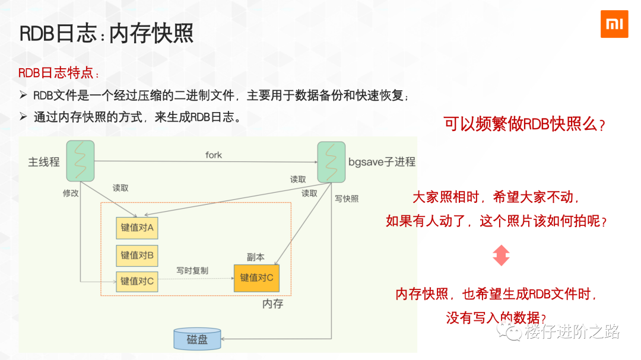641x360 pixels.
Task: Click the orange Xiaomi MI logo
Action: click(x=614, y=24)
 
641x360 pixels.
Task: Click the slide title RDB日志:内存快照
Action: click(x=107, y=34)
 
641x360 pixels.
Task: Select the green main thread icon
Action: click(x=80, y=161)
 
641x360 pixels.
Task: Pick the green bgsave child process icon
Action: click(x=331, y=162)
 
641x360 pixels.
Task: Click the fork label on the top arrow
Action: click(x=214, y=155)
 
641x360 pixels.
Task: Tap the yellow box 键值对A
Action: click(x=137, y=228)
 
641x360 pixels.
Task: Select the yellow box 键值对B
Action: click(x=137, y=255)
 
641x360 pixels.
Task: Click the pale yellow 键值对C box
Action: click(x=137, y=281)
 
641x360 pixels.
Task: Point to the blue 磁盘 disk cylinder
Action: click(x=197, y=339)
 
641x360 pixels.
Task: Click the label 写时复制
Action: click(x=192, y=270)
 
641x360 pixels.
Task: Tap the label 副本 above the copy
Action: click(x=256, y=257)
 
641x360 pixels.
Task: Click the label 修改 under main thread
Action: click(x=71, y=193)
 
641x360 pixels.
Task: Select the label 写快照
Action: click(x=347, y=199)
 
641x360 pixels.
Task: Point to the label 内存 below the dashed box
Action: click(x=273, y=304)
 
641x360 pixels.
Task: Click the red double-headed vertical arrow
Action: click(x=501, y=255)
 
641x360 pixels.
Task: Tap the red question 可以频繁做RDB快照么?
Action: click(x=525, y=125)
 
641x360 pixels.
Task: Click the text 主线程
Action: click(x=44, y=162)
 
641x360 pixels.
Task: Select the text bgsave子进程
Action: click(x=382, y=162)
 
